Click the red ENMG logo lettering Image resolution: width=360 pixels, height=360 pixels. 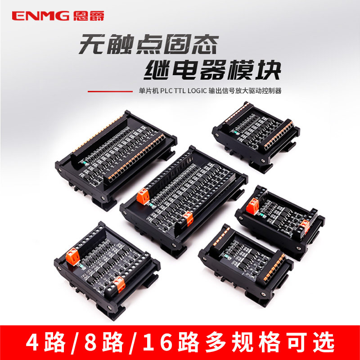tap(41, 16)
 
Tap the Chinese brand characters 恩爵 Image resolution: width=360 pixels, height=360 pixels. tap(83, 16)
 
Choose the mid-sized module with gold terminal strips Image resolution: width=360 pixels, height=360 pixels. tap(245, 256)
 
